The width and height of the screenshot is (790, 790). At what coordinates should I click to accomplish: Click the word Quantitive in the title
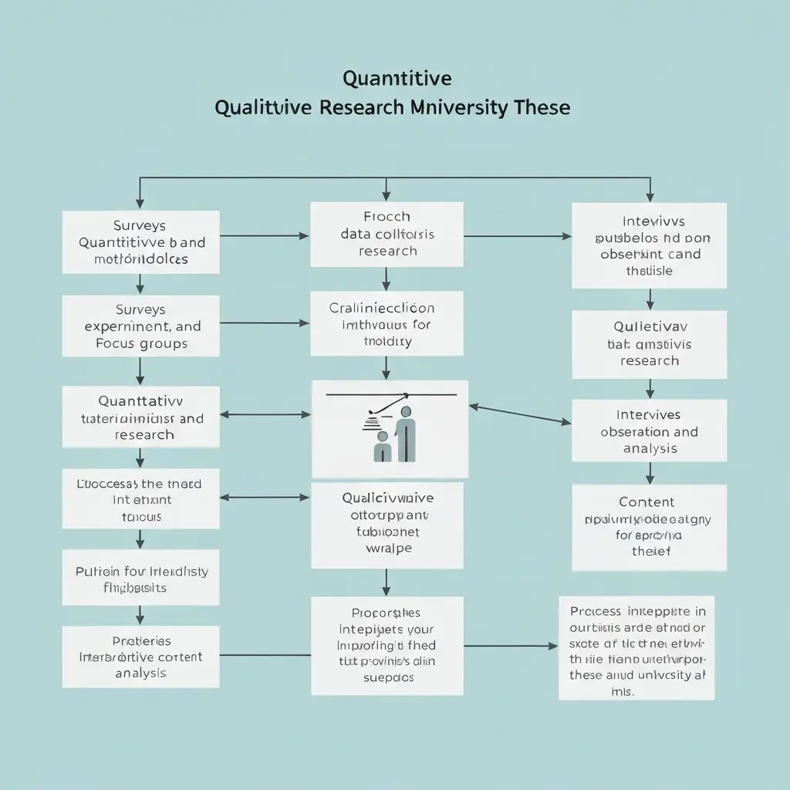tap(397, 79)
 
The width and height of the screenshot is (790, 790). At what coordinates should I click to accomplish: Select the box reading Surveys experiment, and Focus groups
tap(140, 326)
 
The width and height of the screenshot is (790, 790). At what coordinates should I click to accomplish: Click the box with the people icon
tap(390, 429)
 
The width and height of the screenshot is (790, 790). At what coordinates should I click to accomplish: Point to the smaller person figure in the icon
tap(382, 448)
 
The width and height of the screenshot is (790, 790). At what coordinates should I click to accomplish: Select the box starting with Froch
tap(387, 234)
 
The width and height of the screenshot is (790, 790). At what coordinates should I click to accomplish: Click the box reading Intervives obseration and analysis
tap(649, 431)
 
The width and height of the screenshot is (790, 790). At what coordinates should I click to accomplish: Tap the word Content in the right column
tap(647, 502)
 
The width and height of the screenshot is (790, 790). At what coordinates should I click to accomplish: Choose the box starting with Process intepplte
tap(636, 648)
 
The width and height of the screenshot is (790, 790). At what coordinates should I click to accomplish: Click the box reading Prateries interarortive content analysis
tap(140, 657)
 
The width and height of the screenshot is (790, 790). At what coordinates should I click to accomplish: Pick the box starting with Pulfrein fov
tap(140, 579)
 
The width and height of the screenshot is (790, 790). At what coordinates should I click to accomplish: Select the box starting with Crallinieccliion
tap(387, 324)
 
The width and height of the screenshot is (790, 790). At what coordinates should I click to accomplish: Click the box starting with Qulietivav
tap(649, 344)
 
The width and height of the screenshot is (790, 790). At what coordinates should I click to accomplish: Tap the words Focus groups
tap(142, 344)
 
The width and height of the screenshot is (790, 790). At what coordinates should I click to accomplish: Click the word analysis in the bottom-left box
tap(140, 674)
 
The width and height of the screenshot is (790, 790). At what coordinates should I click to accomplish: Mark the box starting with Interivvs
tap(649, 246)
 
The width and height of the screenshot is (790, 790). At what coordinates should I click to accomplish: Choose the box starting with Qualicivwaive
tap(387, 525)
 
